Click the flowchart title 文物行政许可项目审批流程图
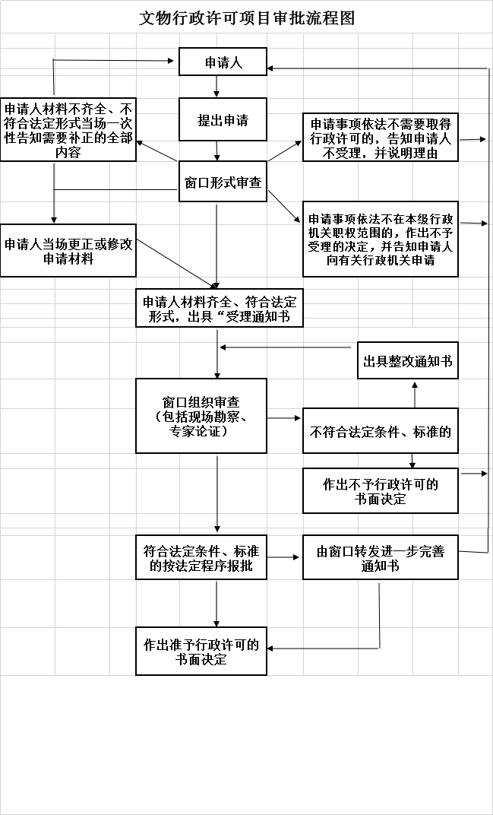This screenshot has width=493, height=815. pos(247,18)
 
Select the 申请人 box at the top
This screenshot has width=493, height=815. pos(223,62)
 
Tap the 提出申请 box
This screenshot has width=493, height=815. pos(223,119)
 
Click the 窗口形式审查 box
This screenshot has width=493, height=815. pos(223,182)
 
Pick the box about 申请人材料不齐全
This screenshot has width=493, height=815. pos(68,129)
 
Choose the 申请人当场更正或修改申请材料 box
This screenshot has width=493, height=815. pos(68,251)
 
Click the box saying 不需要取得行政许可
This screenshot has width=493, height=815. pos(381,137)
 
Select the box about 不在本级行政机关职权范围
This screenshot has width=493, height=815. pos(381,239)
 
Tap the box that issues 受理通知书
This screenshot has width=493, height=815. pos(220,308)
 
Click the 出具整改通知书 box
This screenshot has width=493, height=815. pos(408,360)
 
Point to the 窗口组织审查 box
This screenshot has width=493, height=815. pos(201,416)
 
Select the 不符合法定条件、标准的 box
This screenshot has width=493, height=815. pos(381,431)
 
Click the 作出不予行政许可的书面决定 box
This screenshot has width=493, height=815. pos(381,490)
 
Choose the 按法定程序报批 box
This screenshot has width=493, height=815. pos(201,557)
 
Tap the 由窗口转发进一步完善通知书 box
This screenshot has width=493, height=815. pos(381,557)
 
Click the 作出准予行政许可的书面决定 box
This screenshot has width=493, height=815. pos(201,652)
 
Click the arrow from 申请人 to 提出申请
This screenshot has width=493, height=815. pos(216,87)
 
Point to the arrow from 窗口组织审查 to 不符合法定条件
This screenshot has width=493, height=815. pos(284,418)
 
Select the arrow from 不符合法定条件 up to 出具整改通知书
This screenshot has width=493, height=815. pos(415,395)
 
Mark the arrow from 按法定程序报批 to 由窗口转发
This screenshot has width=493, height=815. pos(283,557)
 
